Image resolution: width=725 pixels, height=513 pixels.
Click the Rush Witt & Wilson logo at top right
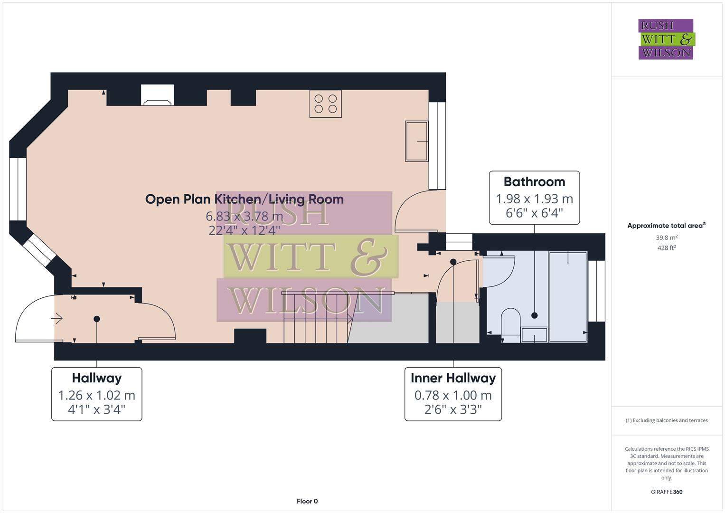[x=666, y=39]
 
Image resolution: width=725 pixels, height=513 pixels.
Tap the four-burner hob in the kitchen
[x=325, y=104]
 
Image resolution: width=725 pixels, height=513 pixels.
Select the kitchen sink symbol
[x=416, y=141]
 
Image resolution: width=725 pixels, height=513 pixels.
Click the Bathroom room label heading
[x=534, y=182]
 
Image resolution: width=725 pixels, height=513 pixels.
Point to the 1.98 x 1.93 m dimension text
[x=534, y=199]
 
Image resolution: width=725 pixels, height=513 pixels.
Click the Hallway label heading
[x=97, y=378]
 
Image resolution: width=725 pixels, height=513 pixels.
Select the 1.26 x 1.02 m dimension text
[x=97, y=395]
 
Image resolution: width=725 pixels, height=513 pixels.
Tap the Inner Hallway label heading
[x=453, y=378]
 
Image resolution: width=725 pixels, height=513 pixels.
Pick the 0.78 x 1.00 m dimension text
[x=453, y=395]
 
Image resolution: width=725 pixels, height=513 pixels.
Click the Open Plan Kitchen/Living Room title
[x=244, y=199]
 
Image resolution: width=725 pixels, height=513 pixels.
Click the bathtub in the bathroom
[x=568, y=297]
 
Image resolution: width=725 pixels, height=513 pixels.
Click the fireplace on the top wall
[x=157, y=95]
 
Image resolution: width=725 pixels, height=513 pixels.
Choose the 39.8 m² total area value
[x=667, y=237]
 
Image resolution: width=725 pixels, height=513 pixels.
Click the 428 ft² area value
[x=667, y=248]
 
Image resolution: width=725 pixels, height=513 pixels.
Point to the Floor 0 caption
[x=307, y=501]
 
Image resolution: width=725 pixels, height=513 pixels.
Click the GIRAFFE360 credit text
[x=667, y=492]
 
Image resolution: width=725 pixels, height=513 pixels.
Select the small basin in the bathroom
[x=534, y=335]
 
